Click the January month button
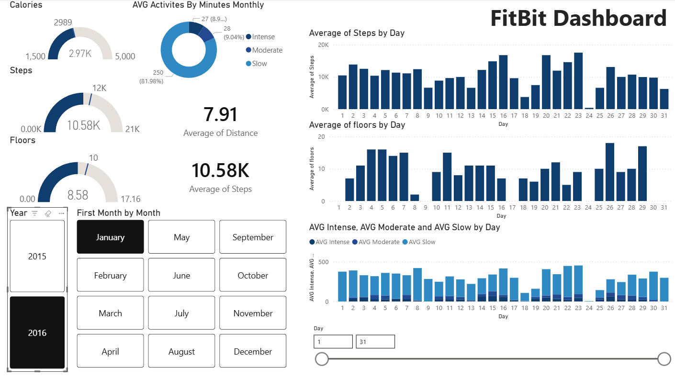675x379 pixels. (110, 237)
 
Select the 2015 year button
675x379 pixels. (37, 256)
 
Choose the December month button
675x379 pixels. (253, 351)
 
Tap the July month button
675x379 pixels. (181, 313)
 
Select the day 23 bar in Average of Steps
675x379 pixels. (578, 81)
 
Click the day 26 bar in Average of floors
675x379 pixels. (609, 172)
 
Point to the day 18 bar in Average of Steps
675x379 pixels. (524, 103)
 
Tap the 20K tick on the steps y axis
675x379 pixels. (324, 45)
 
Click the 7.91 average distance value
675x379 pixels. (220, 115)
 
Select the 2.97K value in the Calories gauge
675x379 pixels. (80, 53)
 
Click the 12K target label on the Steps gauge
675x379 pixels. (99, 88)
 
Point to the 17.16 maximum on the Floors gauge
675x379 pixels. (131, 199)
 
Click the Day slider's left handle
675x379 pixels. (322, 358)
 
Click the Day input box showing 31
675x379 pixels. (375, 342)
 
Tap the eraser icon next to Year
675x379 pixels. (47, 213)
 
